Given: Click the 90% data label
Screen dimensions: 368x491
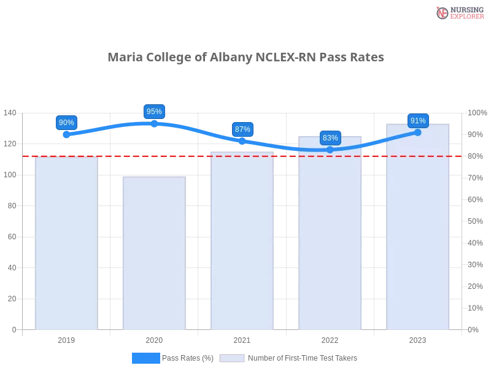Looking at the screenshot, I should coord(66,123).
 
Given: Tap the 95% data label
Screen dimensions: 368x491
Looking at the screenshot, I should coord(154,112).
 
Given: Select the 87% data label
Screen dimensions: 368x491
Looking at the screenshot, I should coord(242,129).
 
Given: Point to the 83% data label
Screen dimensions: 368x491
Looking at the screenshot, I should coord(330,138).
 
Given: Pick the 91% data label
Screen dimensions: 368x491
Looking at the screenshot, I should coord(418,121).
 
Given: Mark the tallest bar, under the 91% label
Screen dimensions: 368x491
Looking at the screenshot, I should coord(418,227).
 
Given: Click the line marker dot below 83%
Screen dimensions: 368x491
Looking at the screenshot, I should coord(330,150).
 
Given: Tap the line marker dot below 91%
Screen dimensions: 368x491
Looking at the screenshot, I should coord(418,132).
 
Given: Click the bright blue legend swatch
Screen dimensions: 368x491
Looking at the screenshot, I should coord(146,358).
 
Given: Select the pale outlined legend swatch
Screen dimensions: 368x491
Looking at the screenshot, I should coord(232,358).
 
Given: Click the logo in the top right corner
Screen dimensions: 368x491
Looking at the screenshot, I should coord(458,13).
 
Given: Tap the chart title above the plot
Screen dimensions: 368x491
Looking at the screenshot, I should coord(248,57).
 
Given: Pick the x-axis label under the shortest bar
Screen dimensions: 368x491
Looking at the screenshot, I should coord(154,339).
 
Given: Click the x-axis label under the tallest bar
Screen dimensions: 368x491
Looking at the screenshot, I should coord(418,339).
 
